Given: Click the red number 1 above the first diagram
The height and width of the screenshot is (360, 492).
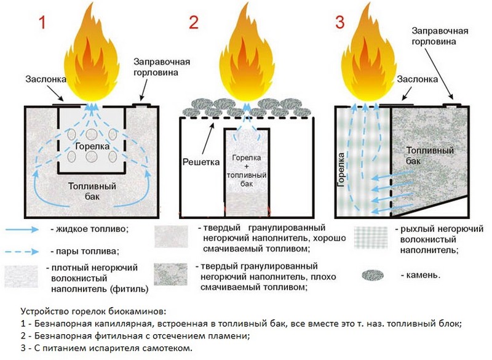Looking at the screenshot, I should click(x=42, y=23).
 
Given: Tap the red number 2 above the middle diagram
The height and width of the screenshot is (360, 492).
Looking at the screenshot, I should click(x=194, y=23).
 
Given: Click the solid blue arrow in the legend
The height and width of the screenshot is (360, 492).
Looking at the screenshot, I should click(x=25, y=230).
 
